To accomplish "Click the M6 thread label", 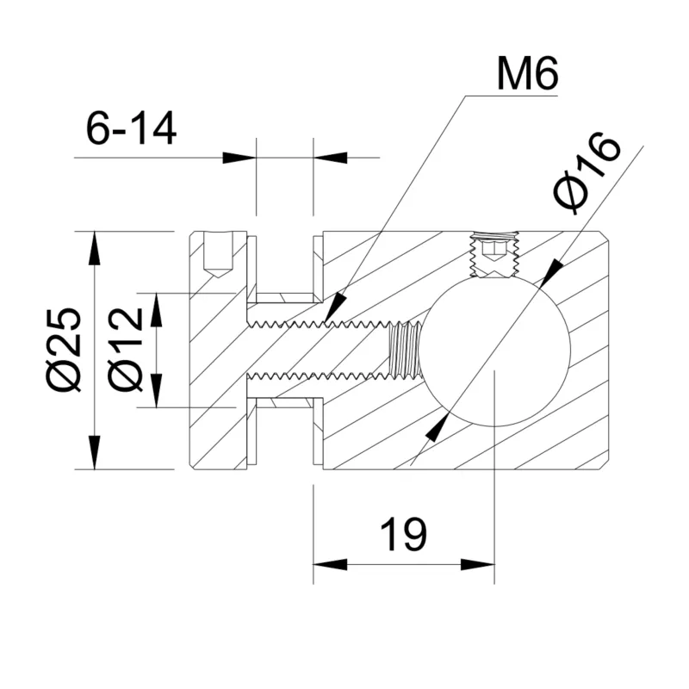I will coord(528,76).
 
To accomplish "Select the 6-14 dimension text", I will coord(131,129).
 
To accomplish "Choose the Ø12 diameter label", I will coord(126,350).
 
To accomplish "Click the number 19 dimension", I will coord(403,535).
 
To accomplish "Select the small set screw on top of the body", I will coord(493,254).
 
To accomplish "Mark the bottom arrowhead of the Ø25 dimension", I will coord(94,453).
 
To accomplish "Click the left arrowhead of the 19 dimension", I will coord(328,564).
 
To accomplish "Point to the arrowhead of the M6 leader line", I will coord(335,309).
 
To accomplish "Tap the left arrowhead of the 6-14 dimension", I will coord(240,158).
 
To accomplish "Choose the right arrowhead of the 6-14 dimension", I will coord(329,158).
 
